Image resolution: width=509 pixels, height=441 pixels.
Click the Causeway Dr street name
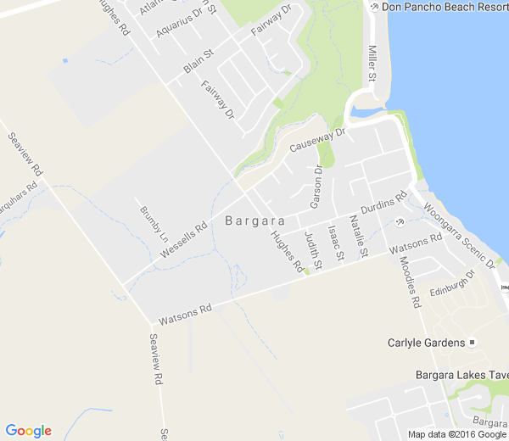319,140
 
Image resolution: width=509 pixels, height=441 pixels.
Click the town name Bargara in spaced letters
255,220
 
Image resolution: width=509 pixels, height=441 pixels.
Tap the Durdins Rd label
383,204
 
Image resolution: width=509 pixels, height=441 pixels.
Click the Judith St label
313,252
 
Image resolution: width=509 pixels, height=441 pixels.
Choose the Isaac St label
336,242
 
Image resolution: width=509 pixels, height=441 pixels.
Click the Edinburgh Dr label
450,284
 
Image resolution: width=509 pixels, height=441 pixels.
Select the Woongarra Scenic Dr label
458,237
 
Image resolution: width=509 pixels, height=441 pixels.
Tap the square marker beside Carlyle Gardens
473,343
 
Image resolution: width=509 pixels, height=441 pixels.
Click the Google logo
28,431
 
